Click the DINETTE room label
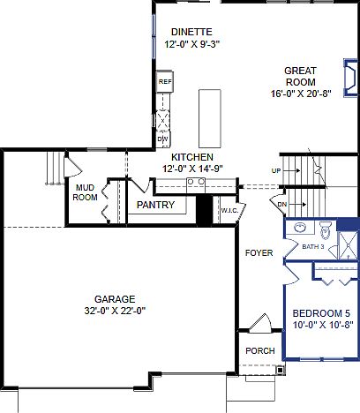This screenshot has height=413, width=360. [191, 32]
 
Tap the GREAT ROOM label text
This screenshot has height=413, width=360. [300, 76]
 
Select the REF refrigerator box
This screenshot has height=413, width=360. [164, 82]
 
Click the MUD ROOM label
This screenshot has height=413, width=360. [86, 192]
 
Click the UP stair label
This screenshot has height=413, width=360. [276, 169]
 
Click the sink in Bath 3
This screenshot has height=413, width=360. [300, 228]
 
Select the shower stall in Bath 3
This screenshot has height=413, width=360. [347, 243]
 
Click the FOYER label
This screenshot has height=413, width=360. [259, 253]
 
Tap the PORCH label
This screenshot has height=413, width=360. [259, 351]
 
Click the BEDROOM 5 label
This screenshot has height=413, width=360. [321, 312]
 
